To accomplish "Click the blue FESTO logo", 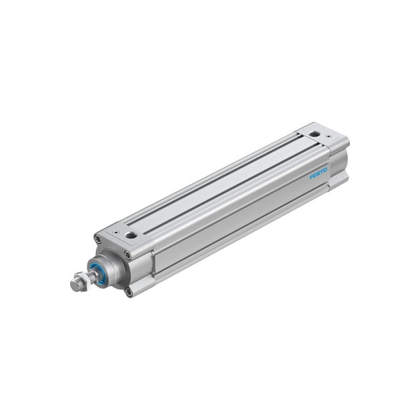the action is point(318,174).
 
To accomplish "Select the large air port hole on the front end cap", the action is point(132,235).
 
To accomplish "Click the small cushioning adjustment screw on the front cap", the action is point(116,232).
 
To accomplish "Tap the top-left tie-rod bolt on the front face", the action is point(97,239).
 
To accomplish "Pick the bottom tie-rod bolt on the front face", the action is point(129,292).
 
